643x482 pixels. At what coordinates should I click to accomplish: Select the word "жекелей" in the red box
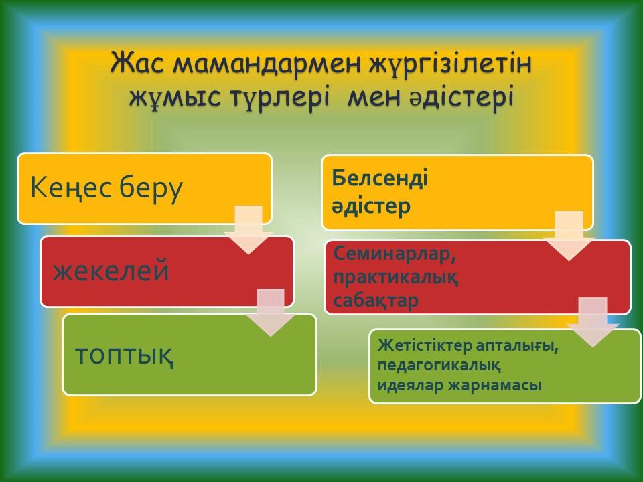[x=111, y=271]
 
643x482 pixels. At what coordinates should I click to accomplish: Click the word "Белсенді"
[x=380, y=178]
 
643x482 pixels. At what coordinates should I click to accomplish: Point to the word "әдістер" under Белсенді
[x=371, y=206]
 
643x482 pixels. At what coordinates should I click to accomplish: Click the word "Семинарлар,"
[x=395, y=254]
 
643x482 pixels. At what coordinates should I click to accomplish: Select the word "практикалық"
[x=396, y=278]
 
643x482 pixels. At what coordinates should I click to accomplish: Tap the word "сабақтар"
[x=376, y=300]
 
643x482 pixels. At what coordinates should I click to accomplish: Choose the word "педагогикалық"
[x=439, y=366]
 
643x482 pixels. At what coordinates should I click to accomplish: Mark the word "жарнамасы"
[x=494, y=386]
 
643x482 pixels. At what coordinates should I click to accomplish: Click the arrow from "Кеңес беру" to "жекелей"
[x=248, y=230]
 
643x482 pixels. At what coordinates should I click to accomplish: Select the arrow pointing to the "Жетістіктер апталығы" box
[x=593, y=323]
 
